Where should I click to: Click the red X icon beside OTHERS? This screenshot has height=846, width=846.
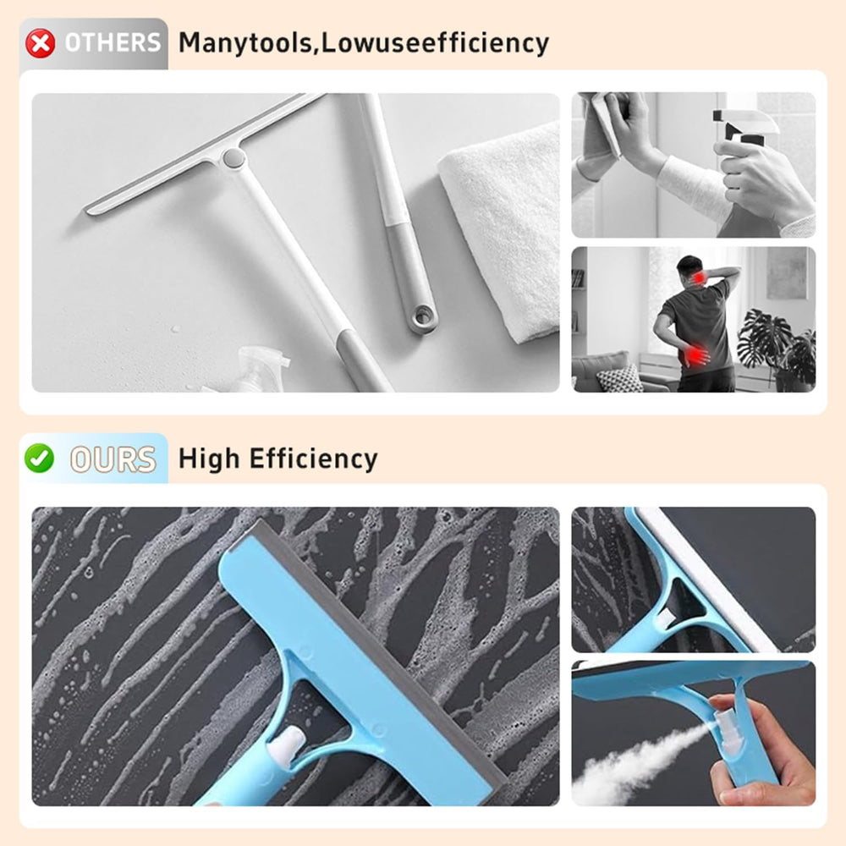[x=40, y=42]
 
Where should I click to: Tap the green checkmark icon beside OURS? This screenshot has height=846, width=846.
[x=39, y=458]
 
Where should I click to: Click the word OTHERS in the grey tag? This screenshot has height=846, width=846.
[x=112, y=43]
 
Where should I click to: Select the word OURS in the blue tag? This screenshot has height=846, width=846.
[x=113, y=459]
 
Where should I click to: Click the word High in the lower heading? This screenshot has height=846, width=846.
[x=209, y=459]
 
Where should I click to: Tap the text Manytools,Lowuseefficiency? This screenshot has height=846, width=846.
[x=363, y=42]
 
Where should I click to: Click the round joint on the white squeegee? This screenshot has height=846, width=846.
[x=232, y=157]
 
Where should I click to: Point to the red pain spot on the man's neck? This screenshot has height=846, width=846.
[x=699, y=278]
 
